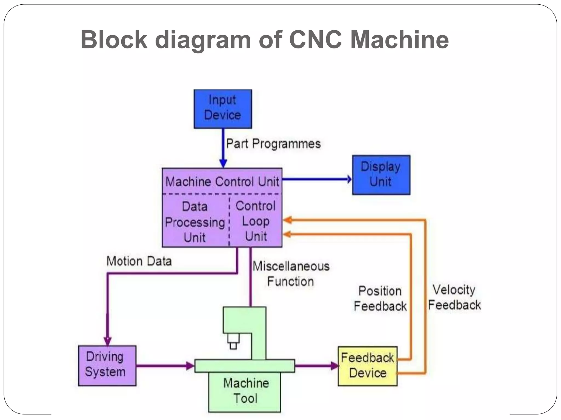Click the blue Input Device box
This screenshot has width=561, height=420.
[222, 109]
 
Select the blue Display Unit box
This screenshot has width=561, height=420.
[381, 175]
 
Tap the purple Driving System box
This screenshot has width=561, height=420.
[107, 366]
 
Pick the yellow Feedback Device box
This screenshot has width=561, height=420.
[367, 366]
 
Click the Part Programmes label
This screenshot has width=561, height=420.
[273, 144]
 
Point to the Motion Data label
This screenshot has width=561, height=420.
[139, 261]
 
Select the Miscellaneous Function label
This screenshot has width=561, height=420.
[291, 274]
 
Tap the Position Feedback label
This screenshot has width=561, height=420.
[380, 298]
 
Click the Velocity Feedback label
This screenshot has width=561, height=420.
[454, 297]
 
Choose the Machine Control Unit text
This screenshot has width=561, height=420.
[222, 182]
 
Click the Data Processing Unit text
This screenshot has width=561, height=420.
[195, 222]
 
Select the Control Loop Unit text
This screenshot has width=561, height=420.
[256, 221]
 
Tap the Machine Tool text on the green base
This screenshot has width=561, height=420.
[245, 391]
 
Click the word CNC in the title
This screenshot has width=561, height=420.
[315, 40]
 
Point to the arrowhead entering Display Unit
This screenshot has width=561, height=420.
[349, 179]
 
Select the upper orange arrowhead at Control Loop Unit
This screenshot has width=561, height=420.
[287, 220]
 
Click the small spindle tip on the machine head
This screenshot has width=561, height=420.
[233, 346]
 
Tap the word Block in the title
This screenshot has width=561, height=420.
[114, 40]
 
